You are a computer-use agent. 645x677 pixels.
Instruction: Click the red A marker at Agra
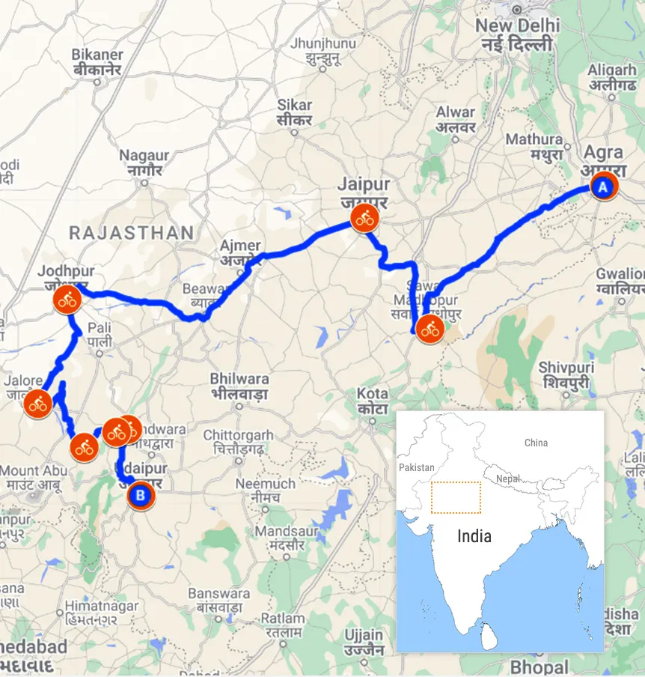(x=603, y=186)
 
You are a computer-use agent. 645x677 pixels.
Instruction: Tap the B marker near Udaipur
(x=140, y=494)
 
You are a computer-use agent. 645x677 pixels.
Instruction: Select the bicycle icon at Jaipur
(x=365, y=219)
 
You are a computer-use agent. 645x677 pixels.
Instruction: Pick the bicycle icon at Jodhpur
(x=67, y=301)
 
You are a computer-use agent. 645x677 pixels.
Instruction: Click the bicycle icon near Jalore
(x=37, y=404)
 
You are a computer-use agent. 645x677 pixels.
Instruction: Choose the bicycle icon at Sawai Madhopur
(x=430, y=328)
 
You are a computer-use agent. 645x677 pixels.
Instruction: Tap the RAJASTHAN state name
(x=131, y=233)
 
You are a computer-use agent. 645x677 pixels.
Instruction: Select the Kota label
(x=372, y=394)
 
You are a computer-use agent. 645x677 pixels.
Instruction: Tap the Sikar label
(x=294, y=106)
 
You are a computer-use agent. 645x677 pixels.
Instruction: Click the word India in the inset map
(x=474, y=536)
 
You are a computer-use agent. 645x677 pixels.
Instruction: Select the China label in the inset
(x=536, y=443)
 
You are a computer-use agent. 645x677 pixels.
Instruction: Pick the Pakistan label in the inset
(x=417, y=467)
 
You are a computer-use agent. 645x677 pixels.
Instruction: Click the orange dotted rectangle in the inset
(x=456, y=497)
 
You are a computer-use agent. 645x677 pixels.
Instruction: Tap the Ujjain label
(x=364, y=636)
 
